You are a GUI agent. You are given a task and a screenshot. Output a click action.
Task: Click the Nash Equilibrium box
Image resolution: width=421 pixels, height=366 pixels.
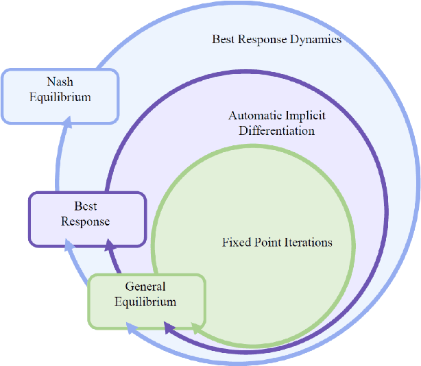(60, 96)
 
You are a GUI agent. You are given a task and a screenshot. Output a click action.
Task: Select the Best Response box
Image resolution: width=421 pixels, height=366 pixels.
(86, 219)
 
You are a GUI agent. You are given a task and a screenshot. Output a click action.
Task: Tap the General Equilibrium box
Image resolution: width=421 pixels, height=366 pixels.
(146, 300)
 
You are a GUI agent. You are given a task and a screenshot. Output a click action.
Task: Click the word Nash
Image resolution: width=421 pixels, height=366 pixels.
(60, 82)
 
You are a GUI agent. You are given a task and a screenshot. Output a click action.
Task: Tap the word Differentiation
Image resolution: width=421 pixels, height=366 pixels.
(276, 130)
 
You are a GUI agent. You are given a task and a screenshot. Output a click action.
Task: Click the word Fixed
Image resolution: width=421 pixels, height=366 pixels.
(235, 242)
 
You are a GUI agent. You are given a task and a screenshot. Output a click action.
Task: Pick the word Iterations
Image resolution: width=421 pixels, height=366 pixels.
(307, 242)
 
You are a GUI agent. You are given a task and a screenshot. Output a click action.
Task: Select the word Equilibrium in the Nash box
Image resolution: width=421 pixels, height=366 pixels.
(60, 97)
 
